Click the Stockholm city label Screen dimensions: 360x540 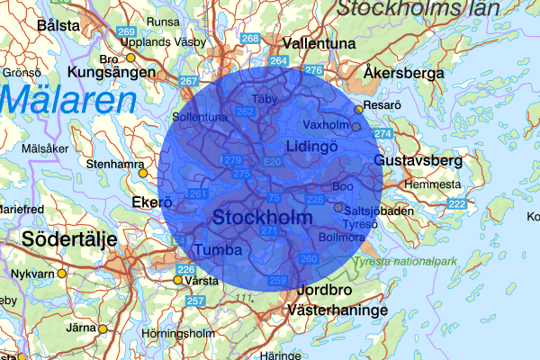point(262,218)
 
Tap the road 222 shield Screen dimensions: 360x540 point(457,204)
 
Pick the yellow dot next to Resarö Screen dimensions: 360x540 point(358,109)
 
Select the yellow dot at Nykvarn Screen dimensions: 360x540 point(61,273)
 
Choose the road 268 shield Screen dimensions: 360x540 point(251,39)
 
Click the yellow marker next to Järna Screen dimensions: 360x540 point(102,329)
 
